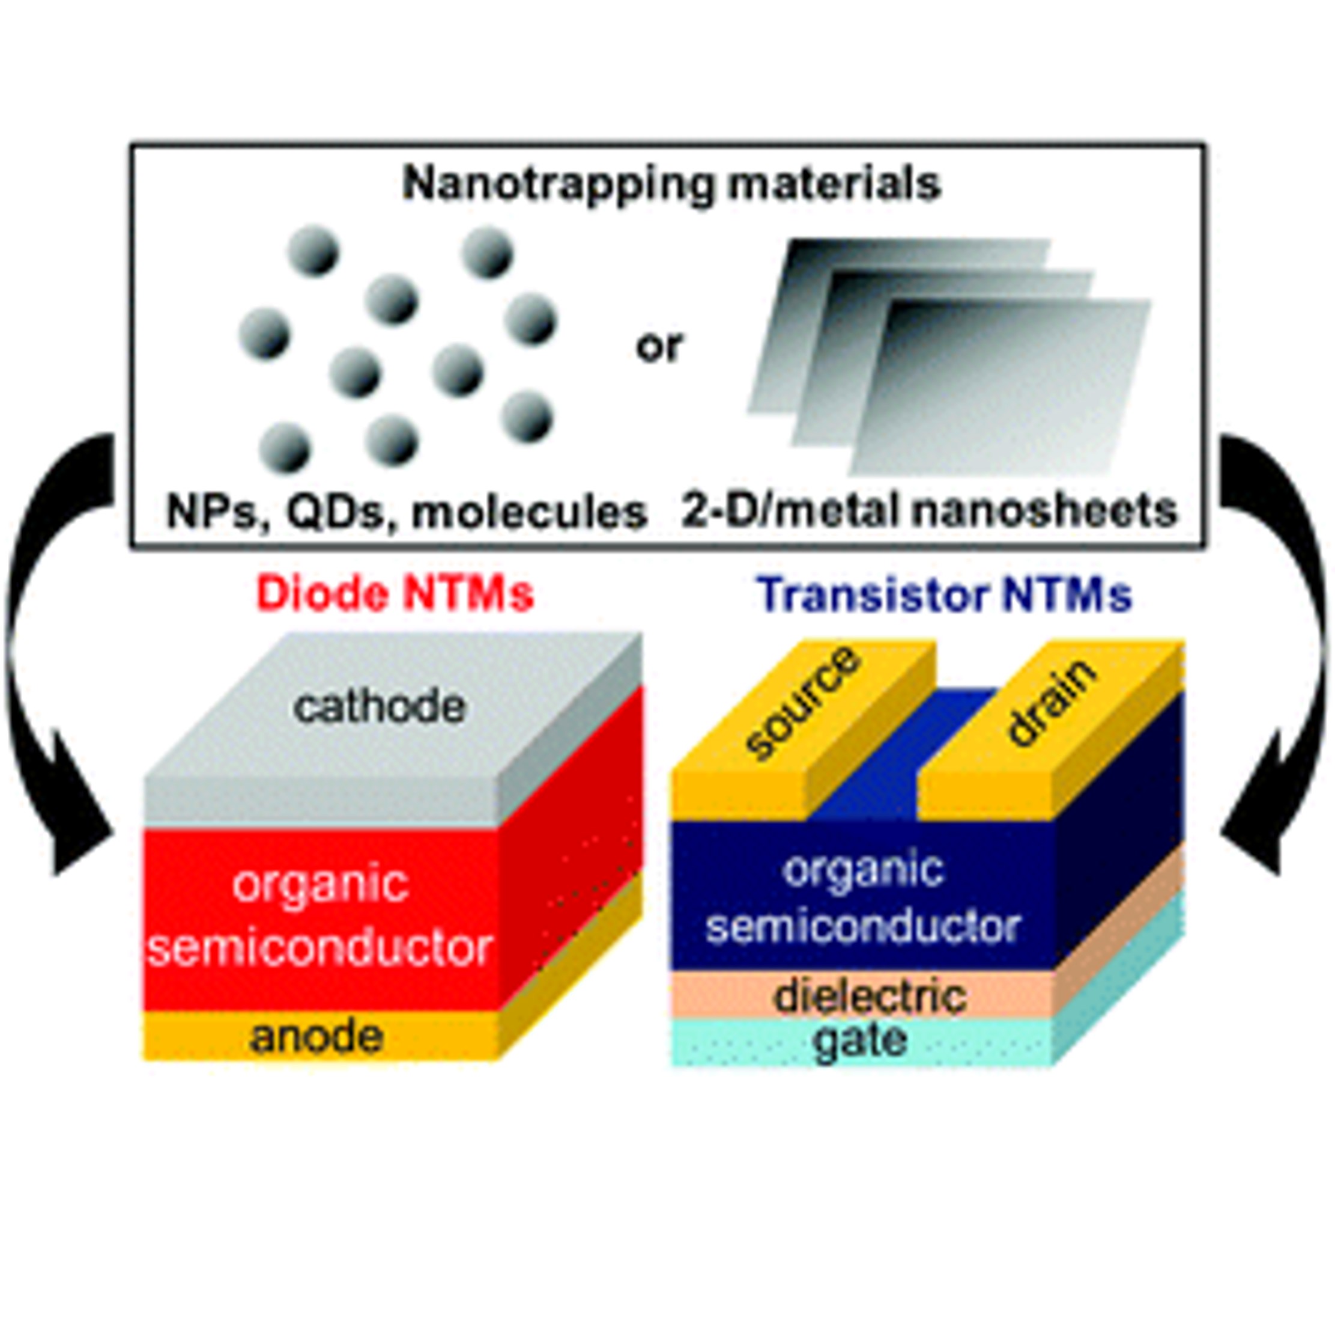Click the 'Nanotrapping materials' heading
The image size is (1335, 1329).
tap(671, 184)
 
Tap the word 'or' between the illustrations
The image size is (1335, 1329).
tap(659, 346)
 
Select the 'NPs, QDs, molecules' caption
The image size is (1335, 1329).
tap(407, 512)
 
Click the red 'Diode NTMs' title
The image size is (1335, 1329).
tap(395, 593)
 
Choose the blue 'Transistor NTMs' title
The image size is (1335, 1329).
tap(945, 594)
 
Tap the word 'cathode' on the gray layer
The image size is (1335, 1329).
tap(380, 707)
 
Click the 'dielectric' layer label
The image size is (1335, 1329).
tap(870, 997)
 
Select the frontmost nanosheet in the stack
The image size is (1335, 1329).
tap(1002, 387)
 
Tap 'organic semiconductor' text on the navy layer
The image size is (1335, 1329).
tap(863, 897)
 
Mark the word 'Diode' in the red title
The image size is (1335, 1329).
tap(321, 593)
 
